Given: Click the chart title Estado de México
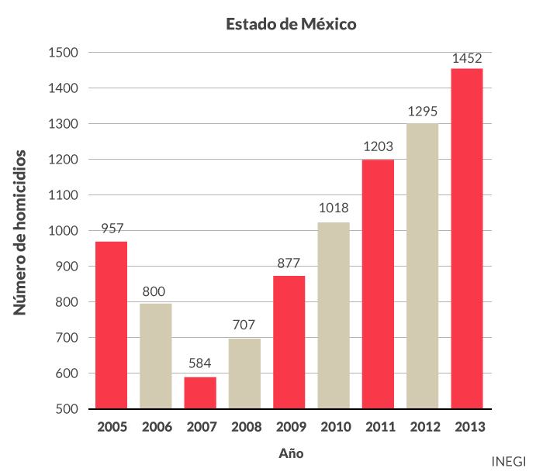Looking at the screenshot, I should pyautogui.click(x=291, y=24).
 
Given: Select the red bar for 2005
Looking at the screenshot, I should pyautogui.click(x=111, y=325).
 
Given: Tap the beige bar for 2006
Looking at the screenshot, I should pyautogui.click(x=156, y=356).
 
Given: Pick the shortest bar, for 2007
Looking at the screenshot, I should pyautogui.click(x=200, y=393).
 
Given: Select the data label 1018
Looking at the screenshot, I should pyautogui.click(x=334, y=208).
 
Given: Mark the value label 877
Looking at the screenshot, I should pyautogui.click(x=289, y=263).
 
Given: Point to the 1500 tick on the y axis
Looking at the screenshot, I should pyautogui.click(x=63, y=53).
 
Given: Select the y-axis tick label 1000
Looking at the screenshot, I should pyautogui.click(x=63, y=231).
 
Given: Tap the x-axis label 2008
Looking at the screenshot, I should pyautogui.click(x=245, y=427).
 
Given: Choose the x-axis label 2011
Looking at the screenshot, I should pyautogui.click(x=379, y=427).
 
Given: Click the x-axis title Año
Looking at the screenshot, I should pyautogui.click(x=291, y=453).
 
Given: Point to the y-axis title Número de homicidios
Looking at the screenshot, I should pyautogui.click(x=22, y=232).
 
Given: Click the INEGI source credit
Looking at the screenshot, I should pyautogui.click(x=509, y=460).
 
